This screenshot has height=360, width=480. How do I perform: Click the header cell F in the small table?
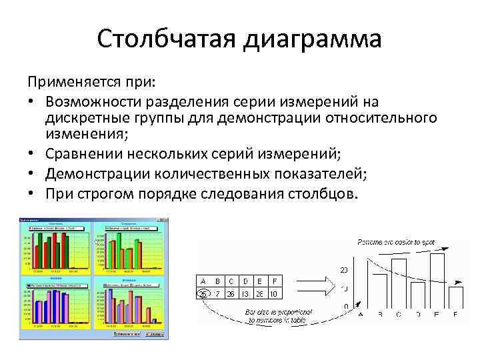(275, 280)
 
